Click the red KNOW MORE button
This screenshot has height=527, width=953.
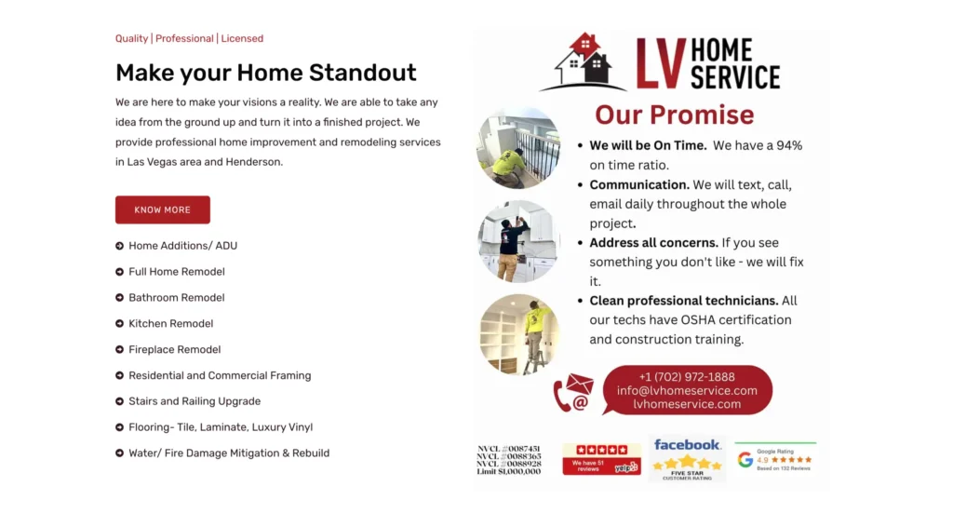click(163, 209)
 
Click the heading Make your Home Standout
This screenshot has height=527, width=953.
click(265, 73)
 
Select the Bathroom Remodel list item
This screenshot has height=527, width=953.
click(176, 298)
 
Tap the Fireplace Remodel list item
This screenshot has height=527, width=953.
click(174, 350)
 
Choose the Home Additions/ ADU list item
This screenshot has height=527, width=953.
click(182, 246)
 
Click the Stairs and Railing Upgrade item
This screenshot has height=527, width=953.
click(194, 401)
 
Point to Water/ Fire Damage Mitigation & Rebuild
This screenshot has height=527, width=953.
click(228, 453)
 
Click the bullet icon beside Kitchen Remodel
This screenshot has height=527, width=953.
click(120, 324)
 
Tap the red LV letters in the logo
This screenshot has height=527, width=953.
click(661, 63)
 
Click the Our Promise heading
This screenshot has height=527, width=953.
click(675, 115)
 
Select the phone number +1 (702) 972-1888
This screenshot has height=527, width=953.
click(687, 377)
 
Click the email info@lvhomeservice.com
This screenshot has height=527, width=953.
click(687, 391)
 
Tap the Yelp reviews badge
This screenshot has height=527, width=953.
click(601, 459)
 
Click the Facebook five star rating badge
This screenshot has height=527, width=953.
click(687, 459)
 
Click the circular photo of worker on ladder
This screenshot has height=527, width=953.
click(518, 334)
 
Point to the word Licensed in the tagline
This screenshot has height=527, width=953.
click(242, 39)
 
